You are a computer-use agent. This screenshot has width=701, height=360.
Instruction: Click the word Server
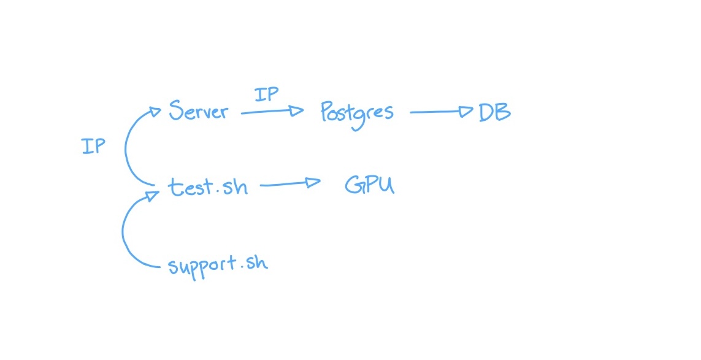[197, 112]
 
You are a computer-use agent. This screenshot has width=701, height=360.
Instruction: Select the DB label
[494, 112]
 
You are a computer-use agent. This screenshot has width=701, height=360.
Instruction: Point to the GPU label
[369, 185]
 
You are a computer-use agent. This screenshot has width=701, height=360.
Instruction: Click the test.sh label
[209, 186]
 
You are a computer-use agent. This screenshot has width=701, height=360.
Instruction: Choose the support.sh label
[218, 264]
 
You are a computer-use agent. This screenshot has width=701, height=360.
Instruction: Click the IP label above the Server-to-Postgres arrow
[266, 94]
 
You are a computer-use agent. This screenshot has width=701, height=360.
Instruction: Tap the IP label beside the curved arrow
[93, 146]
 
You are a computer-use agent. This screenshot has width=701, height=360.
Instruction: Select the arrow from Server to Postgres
[270, 112]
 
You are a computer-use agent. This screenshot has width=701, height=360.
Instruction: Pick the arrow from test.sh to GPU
[288, 183]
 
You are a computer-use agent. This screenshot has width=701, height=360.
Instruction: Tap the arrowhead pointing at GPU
[313, 182]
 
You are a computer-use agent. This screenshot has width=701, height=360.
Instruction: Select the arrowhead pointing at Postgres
[297, 111]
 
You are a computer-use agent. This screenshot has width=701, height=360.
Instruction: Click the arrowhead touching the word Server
[155, 112]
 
